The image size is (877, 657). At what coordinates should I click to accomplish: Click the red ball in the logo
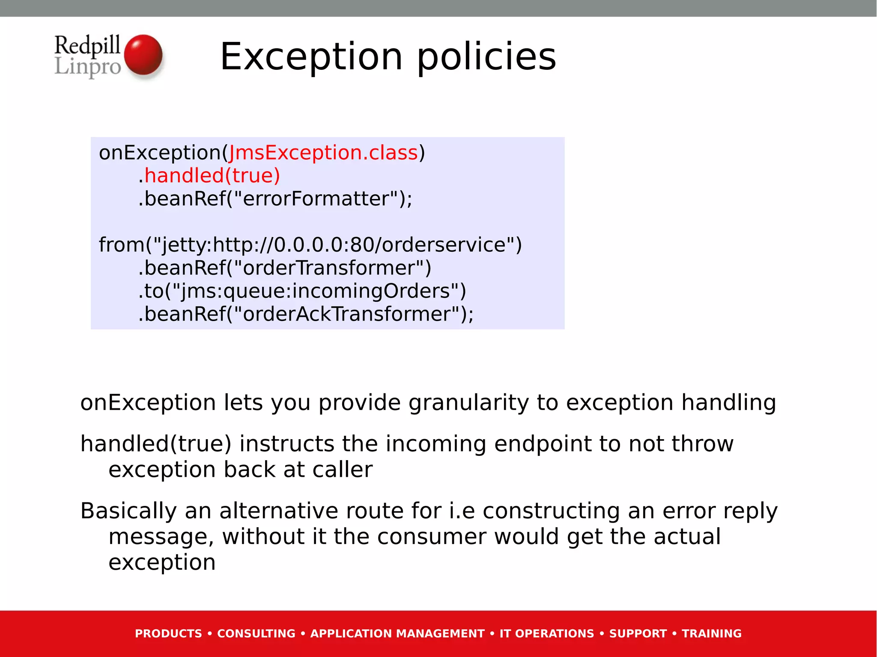point(143,55)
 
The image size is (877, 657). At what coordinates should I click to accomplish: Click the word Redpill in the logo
point(87,45)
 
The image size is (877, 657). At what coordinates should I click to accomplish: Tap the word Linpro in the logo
point(88,67)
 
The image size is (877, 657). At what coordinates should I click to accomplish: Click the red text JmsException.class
point(323,153)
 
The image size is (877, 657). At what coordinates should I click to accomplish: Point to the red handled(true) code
point(212,176)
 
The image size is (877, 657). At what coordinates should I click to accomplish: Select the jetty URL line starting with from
point(310,245)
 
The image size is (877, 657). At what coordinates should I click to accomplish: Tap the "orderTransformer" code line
point(285,268)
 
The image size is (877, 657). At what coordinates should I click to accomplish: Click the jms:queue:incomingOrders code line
point(302,291)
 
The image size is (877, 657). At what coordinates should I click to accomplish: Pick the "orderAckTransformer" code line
point(306,314)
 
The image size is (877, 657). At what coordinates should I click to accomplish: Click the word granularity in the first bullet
point(468,403)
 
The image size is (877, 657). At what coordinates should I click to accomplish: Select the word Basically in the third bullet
point(128,511)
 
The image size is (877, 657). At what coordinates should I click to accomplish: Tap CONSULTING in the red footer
point(256,633)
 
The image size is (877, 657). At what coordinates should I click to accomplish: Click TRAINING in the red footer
point(711,633)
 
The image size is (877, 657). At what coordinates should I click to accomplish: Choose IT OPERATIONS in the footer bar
point(547,633)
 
